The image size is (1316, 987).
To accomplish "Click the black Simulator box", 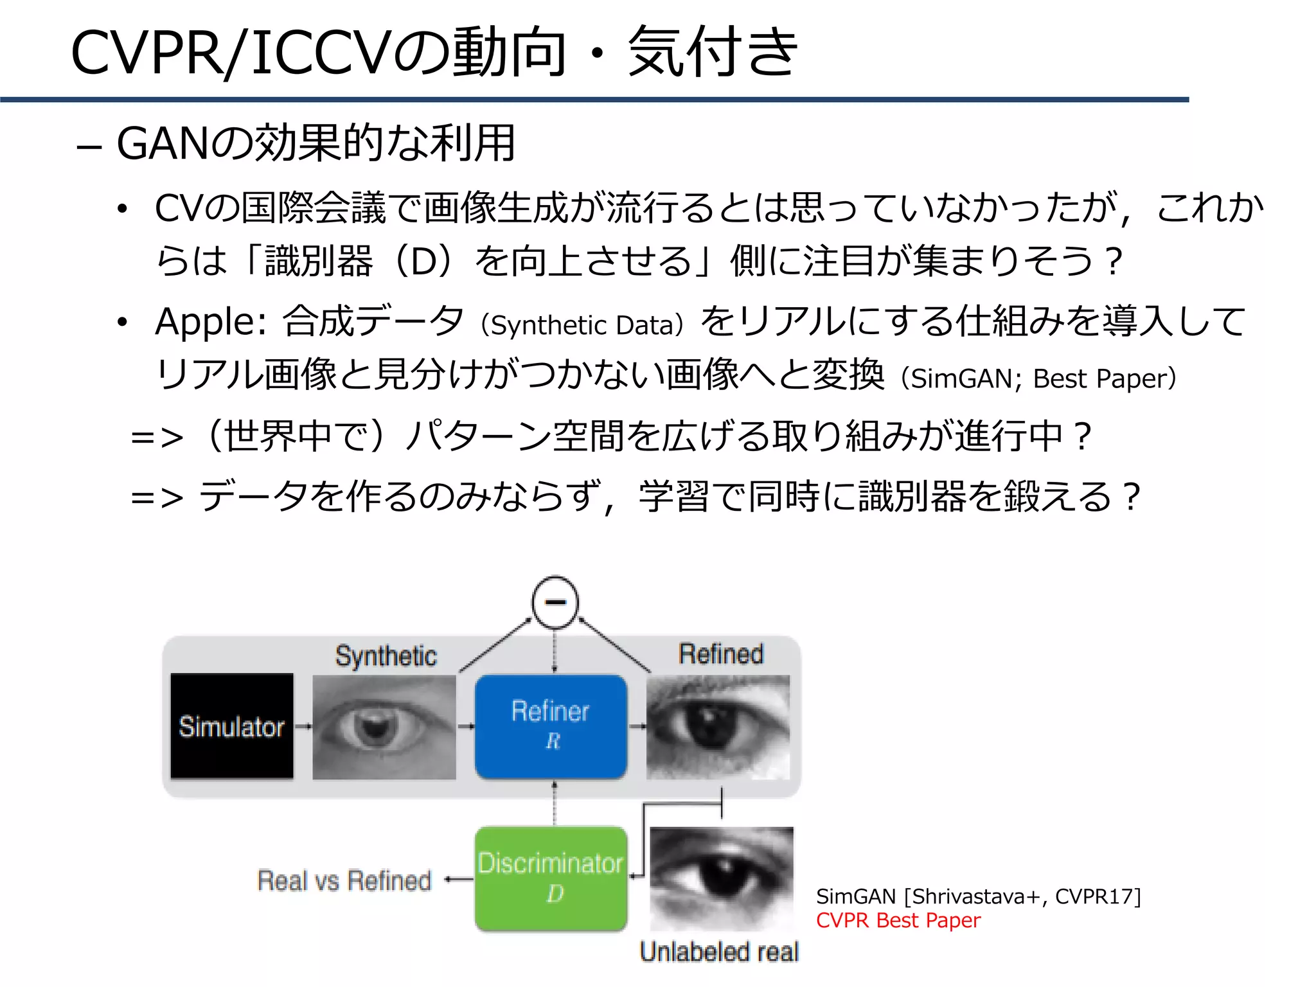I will point(231,726).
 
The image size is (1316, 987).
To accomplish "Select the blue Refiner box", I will point(551,726).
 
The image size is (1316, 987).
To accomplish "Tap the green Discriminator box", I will point(551,878).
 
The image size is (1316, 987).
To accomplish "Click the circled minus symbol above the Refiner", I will point(555,602).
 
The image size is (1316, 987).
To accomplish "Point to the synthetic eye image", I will point(384,727).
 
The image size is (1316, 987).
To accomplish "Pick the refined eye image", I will point(718,727).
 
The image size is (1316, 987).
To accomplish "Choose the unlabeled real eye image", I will point(722,878).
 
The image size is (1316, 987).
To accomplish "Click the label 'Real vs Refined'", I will point(344,880).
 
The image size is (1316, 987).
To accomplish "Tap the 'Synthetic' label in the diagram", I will point(386,656).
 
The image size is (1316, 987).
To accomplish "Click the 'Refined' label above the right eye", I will point(721,654).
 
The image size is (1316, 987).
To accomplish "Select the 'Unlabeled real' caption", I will point(719,952).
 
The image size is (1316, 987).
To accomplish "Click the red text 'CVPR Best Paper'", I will point(898,920).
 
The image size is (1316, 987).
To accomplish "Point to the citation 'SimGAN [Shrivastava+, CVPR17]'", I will point(978,896).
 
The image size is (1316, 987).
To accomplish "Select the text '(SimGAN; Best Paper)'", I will point(1038,378).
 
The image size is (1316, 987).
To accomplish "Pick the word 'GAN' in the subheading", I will point(163,143).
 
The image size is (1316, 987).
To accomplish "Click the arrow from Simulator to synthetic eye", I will point(303,727).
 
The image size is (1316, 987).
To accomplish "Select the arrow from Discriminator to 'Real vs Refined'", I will point(459,880).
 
